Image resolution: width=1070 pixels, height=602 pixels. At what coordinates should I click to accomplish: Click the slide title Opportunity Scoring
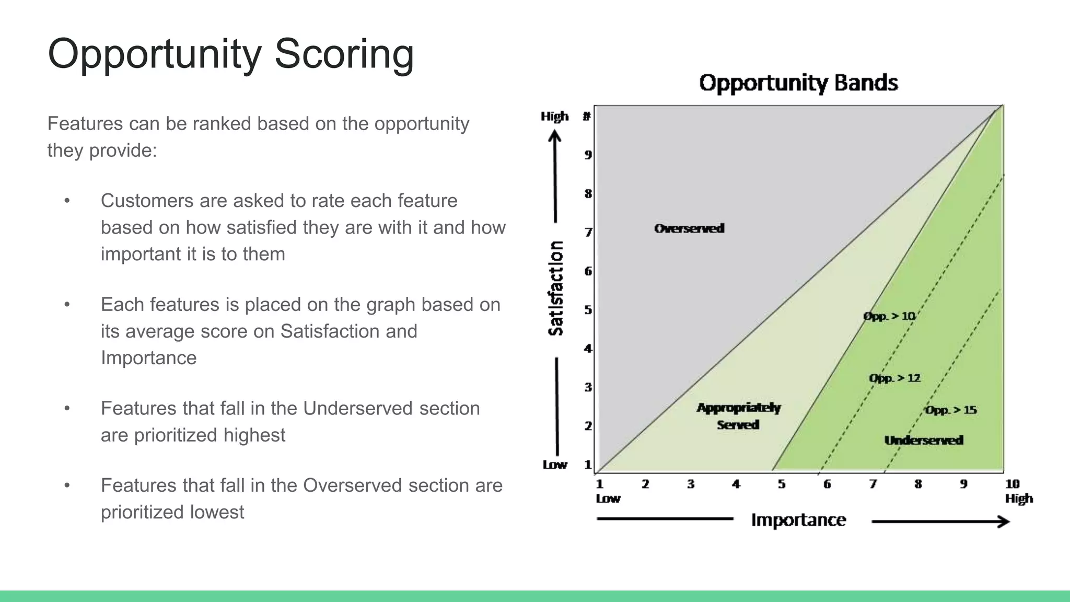(x=230, y=54)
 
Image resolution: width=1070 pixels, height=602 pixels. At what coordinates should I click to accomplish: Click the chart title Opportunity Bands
(x=798, y=83)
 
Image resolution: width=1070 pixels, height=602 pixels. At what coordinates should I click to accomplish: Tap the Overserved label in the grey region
(x=689, y=228)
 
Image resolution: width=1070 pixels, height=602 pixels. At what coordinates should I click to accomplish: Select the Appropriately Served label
(x=738, y=416)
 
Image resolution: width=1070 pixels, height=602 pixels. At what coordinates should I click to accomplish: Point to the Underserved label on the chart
(x=923, y=440)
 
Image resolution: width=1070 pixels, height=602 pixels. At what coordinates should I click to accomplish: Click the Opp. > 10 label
(x=889, y=316)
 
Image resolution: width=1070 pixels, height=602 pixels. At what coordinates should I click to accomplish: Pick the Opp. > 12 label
(x=894, y=378)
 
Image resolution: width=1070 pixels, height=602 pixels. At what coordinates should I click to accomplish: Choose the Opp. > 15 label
(x=950, y=410)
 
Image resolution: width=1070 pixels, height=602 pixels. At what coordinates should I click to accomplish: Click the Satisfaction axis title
(x=556, y=288)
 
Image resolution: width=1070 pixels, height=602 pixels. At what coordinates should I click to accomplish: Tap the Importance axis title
(x=798, y=520)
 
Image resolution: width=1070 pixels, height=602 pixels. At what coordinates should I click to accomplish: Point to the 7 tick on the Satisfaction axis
(x=588, y=232)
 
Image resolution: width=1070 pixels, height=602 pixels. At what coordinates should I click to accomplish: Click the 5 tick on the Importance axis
(x=781, y=484)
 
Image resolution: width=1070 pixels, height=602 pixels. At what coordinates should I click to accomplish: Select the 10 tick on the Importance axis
(x=1012, y=484)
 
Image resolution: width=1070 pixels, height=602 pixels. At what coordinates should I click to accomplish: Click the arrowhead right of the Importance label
(x=1003, y=522)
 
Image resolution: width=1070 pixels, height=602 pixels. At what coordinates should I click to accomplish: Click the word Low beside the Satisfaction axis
(x=554, y=465)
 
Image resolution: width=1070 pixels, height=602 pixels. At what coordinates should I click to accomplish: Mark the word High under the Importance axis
(x=1019, y=499)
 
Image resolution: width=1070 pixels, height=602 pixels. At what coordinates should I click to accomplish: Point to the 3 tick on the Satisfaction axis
(x=588, y=387)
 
